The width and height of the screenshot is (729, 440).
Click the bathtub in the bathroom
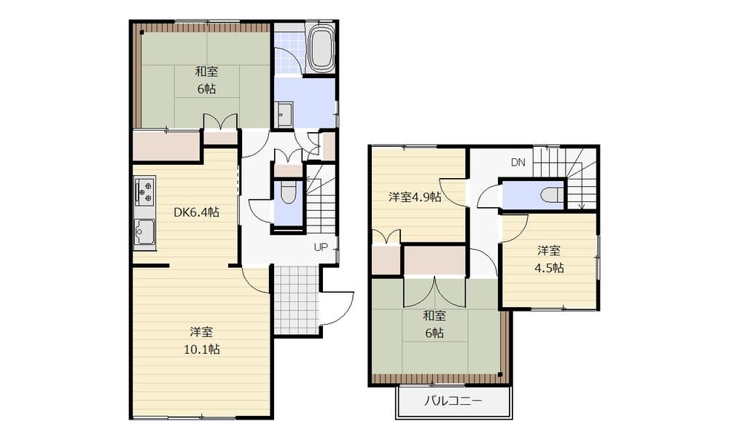(321, 48)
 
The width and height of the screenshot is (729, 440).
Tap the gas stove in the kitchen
(144, 191)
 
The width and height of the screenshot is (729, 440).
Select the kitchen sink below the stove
(144, 232)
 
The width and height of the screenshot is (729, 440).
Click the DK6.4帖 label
(196, 212)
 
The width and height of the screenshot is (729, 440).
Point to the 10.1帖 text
(202, 350)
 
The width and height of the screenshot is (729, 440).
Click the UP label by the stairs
(321, 247)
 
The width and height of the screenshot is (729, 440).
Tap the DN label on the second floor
(518, 162)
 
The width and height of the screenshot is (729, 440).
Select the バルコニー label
(453, 401)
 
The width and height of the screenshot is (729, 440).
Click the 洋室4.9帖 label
(415, 197)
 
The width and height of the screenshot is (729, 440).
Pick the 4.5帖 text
(549, 269)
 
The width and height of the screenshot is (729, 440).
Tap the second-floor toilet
(553, 195)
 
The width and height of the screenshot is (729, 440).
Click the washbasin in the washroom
(284, 115)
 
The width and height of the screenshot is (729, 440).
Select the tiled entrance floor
(296, 300)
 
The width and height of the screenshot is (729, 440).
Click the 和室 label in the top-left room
(206, 72)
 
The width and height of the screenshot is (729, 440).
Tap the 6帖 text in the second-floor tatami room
(434, 333)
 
